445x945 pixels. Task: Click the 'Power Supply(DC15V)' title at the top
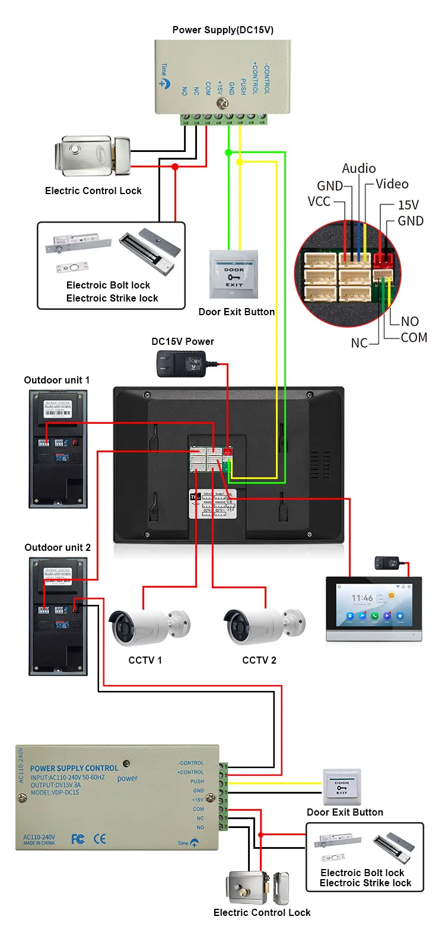tap(223, 30)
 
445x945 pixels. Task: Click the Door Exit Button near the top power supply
tap(234, 274)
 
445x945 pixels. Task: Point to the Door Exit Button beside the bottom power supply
tap(342, 787)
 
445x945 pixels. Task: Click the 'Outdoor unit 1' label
tap(56, 380)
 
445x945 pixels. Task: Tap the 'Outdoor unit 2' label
tap(58, 547)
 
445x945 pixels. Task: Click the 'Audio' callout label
tap(358, 169)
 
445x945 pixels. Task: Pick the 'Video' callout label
tap(392, 184)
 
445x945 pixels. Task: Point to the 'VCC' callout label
tap(319, 202)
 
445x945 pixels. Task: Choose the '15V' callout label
tap(408, 205)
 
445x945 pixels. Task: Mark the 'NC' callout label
tap(359, 343)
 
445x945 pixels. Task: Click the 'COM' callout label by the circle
tap(414, 338)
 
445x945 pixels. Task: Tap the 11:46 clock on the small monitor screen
tap(362, 598)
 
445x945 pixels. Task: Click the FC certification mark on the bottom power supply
tap(78, 839)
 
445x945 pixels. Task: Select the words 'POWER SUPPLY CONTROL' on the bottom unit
tap(74, 768)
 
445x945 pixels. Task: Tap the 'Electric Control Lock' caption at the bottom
tap(262, 913)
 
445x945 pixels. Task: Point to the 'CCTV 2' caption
tap(259, 660)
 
